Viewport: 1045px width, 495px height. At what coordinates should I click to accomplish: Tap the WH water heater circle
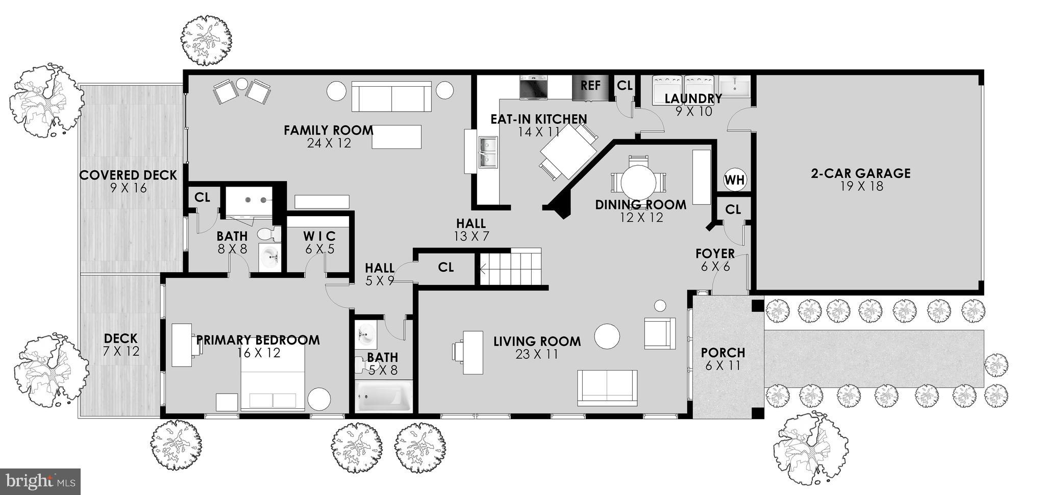point(735,180)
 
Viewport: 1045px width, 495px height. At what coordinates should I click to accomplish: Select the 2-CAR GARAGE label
point(860,174)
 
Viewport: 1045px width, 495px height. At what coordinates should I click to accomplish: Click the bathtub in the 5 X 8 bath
point(384,398)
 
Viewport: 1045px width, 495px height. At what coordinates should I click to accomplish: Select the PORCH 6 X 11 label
point(723,358)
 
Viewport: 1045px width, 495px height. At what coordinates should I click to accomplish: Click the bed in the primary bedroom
point(272,380)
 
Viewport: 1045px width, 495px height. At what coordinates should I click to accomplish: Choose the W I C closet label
point(319,237)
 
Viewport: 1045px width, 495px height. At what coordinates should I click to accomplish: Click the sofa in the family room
point(391,97)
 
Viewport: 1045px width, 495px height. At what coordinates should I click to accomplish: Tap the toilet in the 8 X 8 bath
point(268,235)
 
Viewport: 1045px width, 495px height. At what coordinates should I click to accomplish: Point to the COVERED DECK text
point(128,175)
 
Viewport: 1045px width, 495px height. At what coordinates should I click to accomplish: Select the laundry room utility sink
point(734,86)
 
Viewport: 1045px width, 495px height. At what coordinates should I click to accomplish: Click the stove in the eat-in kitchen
point(534,87)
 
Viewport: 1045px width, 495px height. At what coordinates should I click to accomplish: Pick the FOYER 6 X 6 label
point(715,259)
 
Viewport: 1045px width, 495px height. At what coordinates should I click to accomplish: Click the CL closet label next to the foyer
point(733,210)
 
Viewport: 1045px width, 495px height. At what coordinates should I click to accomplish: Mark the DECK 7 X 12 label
point(121,345)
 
